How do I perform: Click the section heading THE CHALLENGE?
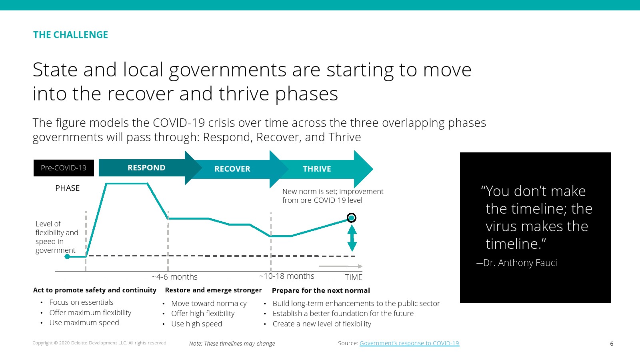[70, 35]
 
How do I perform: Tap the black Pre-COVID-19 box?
[64, 168]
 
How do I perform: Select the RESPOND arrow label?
[146, 168]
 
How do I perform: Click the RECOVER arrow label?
[232, 169]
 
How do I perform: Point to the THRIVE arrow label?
[317, 169]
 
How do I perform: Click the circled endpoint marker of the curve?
[352, 218]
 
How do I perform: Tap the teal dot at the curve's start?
[67, 256]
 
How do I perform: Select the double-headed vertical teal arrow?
[352, 238]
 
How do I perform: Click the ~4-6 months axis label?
[174, 277]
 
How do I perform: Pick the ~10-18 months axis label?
[286, 276]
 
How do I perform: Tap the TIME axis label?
[354, 277]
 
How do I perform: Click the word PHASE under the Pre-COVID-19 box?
[68, 188]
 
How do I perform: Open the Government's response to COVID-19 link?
[409, 343]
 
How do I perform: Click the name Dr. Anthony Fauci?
[520, 262]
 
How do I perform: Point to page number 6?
[612, 344]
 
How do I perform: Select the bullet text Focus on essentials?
[81, 302]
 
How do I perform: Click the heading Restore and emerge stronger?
[213, 290]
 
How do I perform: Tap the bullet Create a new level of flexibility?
[322, 324]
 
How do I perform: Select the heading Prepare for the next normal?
[321, 290]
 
